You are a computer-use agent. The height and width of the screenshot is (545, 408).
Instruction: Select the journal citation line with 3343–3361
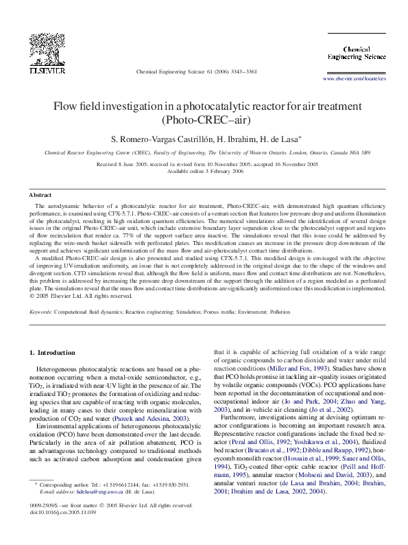point(197,71)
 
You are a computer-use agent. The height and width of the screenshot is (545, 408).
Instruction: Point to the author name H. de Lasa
point(275,138)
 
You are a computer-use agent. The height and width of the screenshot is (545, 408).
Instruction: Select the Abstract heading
point(40,196)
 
